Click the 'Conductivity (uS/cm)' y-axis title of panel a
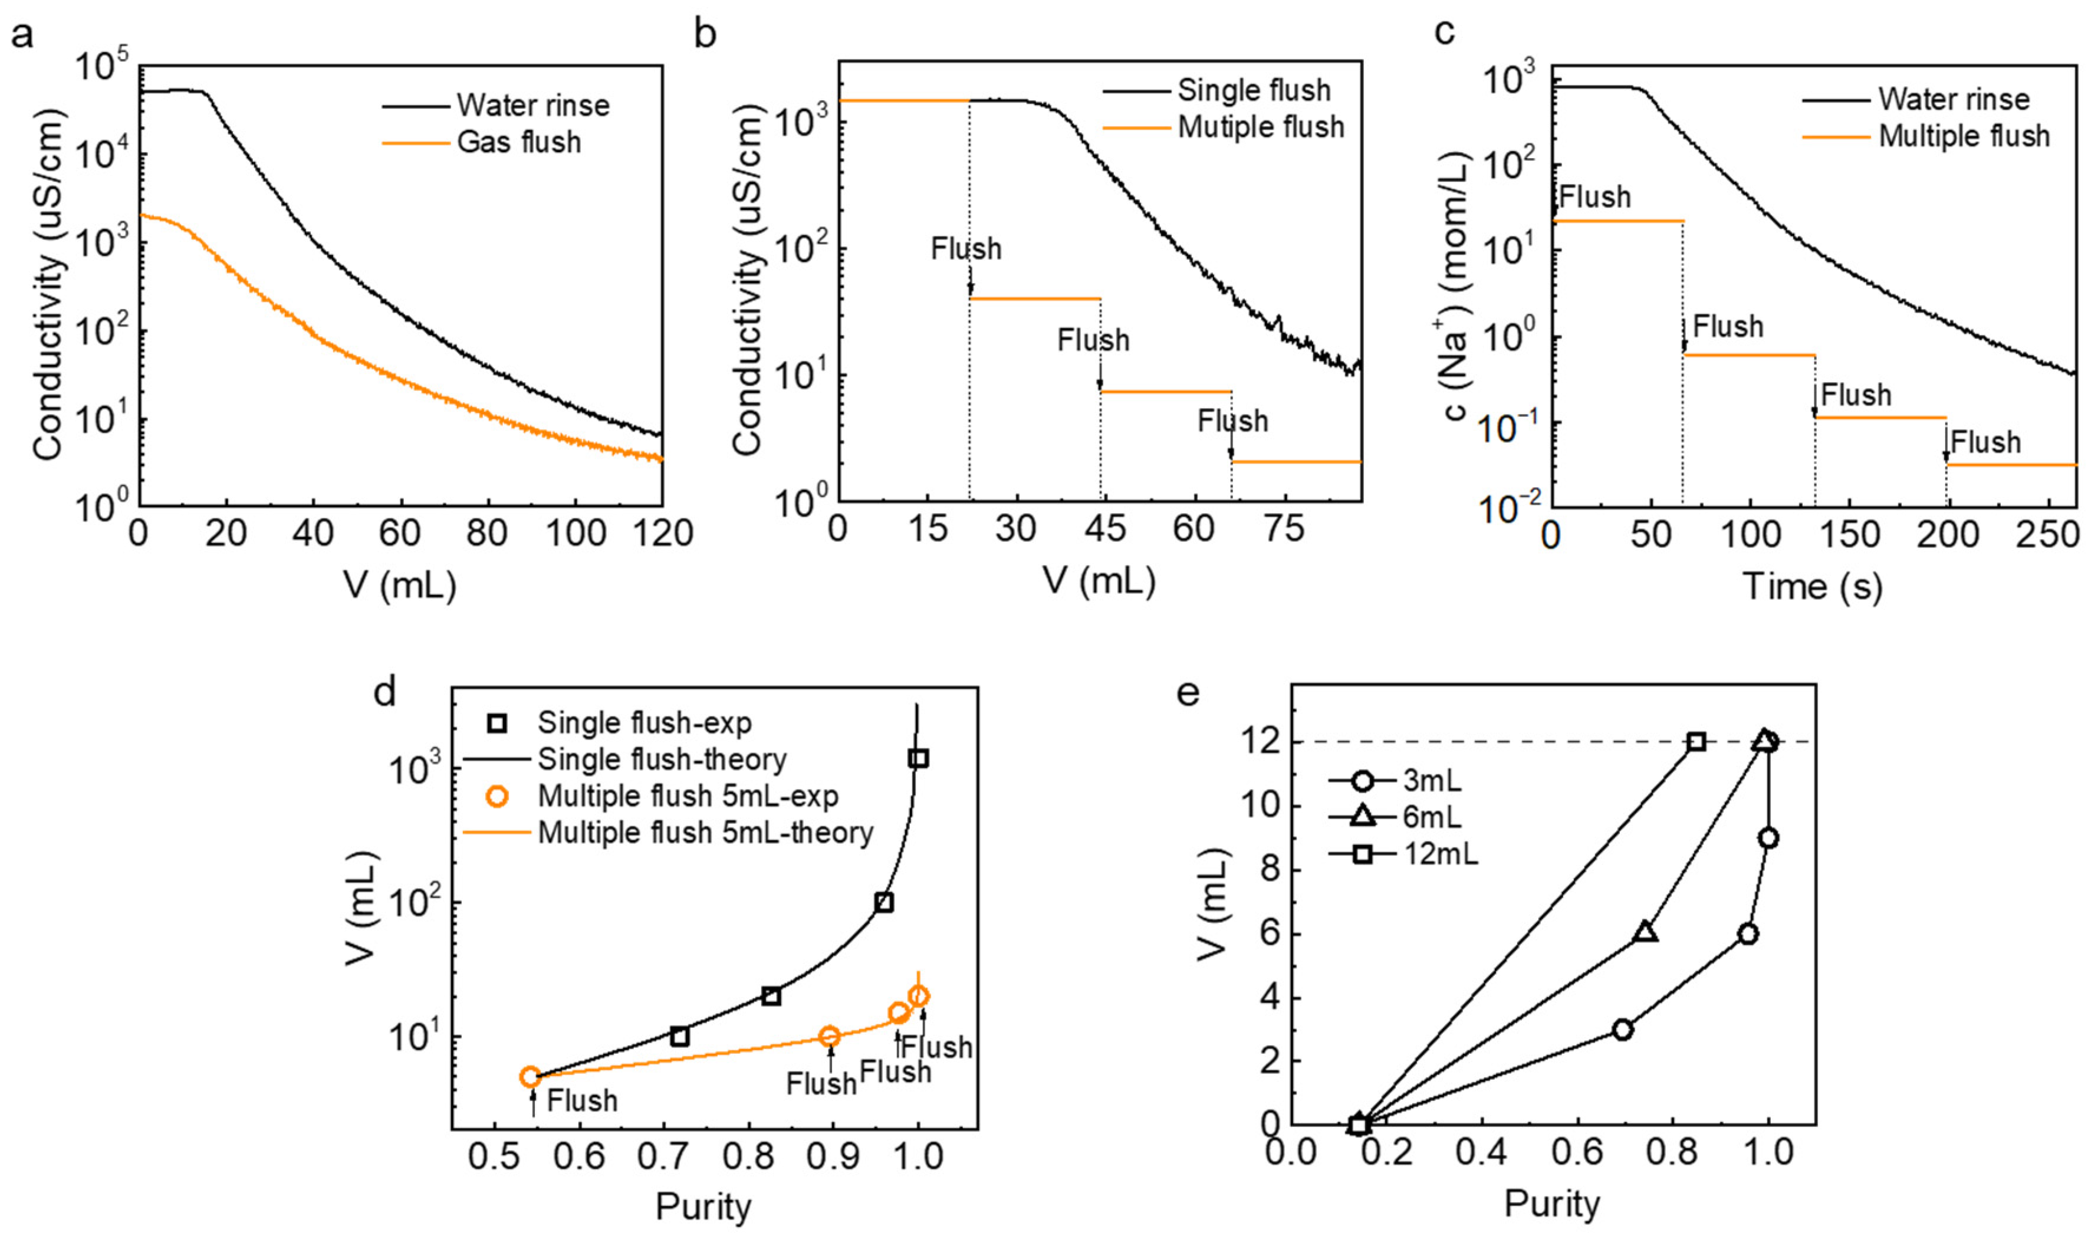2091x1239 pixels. pyautogui.click(x=48, y=284)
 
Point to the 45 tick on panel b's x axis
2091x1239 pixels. pyautogui.click(x=1104, y=528)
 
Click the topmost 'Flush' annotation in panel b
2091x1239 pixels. pyautogui.click(x=966, y=249)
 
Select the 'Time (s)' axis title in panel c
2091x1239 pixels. pyautogui.click(x=1811, y=587)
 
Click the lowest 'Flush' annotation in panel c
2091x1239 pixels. pyautogui.click(x=1985, y=442)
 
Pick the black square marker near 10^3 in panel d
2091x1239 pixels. pyautogui.click(x=918, y=758)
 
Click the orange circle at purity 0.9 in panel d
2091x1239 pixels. pyautogui.click(x=829, y=1036)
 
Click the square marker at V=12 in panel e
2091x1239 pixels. pyautogui.click(x=1696, y=741)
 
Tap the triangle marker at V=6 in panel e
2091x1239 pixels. pyautogui.click(x=1645, y=932)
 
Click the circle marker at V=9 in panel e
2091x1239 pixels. pyautogui.click(x=1767, y=838)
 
